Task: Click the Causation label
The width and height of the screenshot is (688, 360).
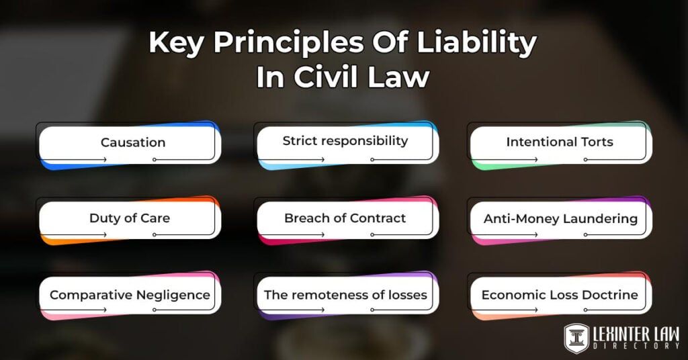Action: [x=133, y=142]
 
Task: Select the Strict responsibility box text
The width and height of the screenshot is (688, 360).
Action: [x=345, y=141]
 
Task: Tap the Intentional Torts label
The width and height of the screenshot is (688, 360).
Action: [x=560, y=142]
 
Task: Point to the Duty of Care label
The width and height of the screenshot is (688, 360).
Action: [x=130, y=218]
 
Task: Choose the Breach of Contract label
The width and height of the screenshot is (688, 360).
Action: [x=345, y=218]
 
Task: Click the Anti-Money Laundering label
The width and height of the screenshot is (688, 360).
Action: [x=560, y=218]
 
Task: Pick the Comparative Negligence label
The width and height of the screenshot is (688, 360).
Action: [x=130, y=295]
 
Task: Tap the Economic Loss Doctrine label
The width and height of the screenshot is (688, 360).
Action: [x=560, y=295]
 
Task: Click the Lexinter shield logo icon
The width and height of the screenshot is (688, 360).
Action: [x=576, y=338]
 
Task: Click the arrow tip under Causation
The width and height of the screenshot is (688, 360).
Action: [x=105, y=159]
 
